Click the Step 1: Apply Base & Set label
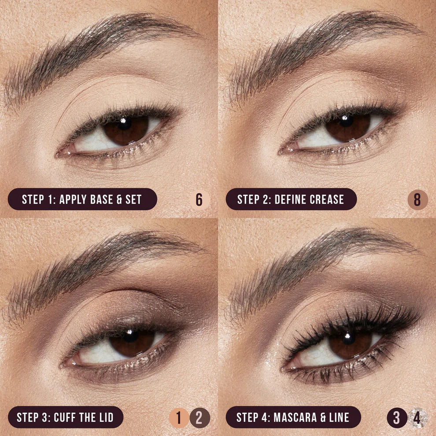(82, 199)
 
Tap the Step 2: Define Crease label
(291, 199)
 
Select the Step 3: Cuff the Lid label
(65, 417)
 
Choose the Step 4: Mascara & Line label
(293, 417)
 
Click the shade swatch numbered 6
(200, 200)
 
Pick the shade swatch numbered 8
(418, 200)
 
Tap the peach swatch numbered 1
(179, 417)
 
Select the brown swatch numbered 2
(200, 417)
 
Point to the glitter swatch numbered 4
(417, 417)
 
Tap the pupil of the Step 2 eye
(346, 121)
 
